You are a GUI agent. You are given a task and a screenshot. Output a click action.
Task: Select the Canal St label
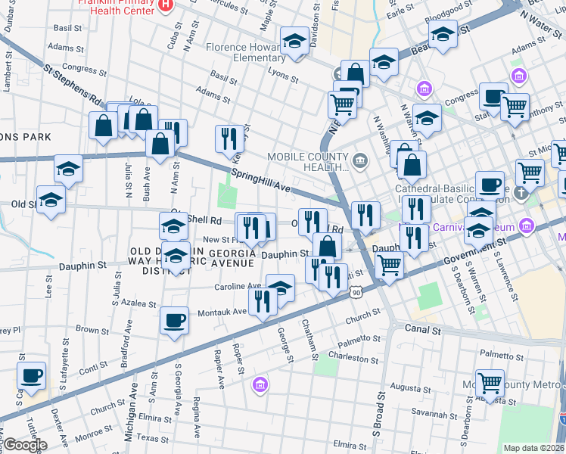point(421,330)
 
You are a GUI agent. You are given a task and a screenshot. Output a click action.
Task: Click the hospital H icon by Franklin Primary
point(166,6)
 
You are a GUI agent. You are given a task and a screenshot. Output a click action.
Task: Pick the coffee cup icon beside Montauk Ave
point(175,320)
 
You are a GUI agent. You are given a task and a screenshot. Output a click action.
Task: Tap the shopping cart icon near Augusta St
point(490,383)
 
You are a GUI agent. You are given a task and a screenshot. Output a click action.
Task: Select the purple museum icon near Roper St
point(260,385)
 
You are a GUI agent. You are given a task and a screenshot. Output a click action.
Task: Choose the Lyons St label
point(283,76)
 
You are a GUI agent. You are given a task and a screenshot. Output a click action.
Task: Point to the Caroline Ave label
point(238,287)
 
